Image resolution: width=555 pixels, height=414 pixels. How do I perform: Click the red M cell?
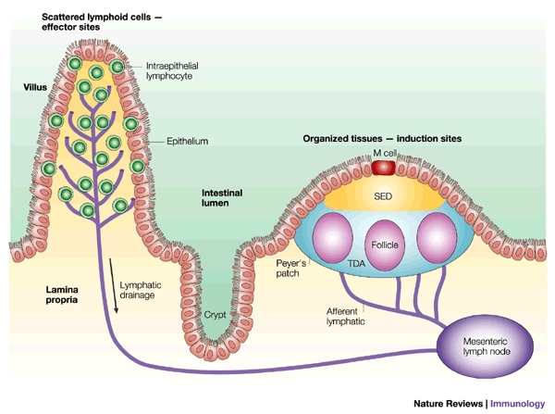(383, 168)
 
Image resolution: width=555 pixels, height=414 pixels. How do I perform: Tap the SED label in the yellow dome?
(383, 196)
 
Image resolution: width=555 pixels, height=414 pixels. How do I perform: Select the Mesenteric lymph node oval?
(485, 346)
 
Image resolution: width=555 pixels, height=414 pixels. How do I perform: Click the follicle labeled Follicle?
(385, 245)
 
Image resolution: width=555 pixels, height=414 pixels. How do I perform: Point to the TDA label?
(356, 263)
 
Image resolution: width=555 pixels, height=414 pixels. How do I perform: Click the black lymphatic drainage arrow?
(113, 285)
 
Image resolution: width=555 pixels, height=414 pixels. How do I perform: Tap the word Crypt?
(215, 315)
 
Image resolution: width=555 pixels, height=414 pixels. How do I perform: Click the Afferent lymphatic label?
(345, 316)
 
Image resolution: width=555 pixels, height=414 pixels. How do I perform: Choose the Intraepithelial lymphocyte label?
(172, 71)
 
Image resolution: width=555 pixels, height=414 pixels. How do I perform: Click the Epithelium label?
(187, 141)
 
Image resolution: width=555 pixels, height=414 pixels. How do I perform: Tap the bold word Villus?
(35, 87)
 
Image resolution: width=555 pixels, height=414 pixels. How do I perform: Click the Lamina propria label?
(62, 295)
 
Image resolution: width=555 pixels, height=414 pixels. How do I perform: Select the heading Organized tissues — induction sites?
(382, 139)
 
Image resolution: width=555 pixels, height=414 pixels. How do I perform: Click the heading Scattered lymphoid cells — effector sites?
(102, 22)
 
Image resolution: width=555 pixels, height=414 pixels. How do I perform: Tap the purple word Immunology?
(517, 404)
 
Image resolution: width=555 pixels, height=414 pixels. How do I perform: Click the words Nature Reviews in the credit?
(448, 404)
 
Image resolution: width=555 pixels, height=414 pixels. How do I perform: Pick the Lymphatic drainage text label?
(141, 290)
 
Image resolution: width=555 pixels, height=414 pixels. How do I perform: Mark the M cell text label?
(385, 153)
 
